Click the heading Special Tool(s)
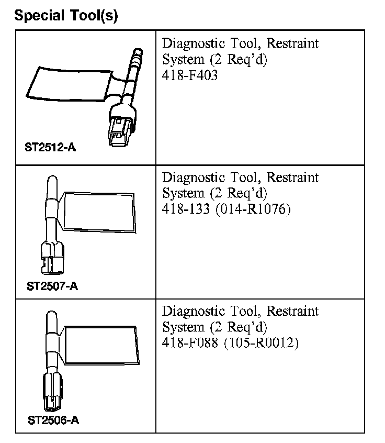pos(66,16)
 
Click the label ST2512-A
pos(50,147)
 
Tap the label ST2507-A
pos(52,286)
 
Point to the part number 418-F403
pos(190,75)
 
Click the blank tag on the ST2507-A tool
pos(98,212)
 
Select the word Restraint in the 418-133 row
pos(292,178)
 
